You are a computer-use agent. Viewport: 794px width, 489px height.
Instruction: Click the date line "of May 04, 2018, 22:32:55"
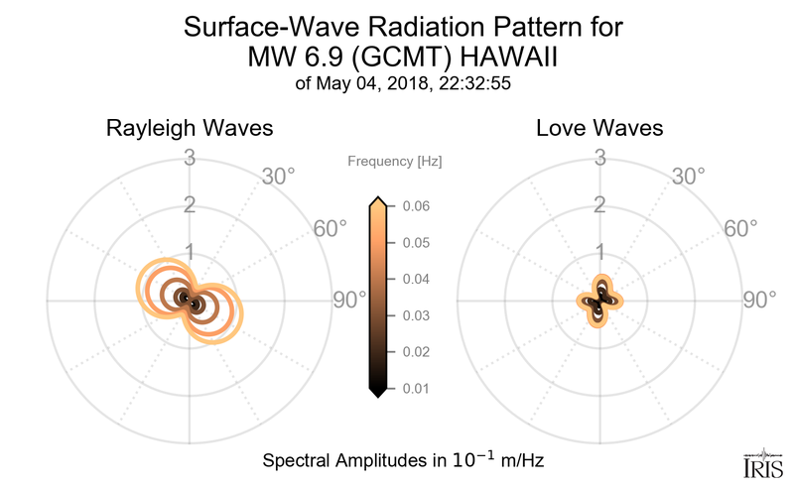(403, 84)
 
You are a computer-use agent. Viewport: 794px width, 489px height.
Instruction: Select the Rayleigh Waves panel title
(191, 129)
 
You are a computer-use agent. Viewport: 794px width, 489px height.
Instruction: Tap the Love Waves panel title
(599, 129)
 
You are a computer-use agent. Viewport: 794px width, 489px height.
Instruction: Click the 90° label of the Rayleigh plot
(348, 300)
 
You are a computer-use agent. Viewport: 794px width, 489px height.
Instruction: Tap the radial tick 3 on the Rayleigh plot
(189, 158)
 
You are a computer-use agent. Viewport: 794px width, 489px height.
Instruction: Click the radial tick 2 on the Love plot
(599, 205)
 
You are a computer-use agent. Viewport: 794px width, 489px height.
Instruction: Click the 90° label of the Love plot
(759, 300)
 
